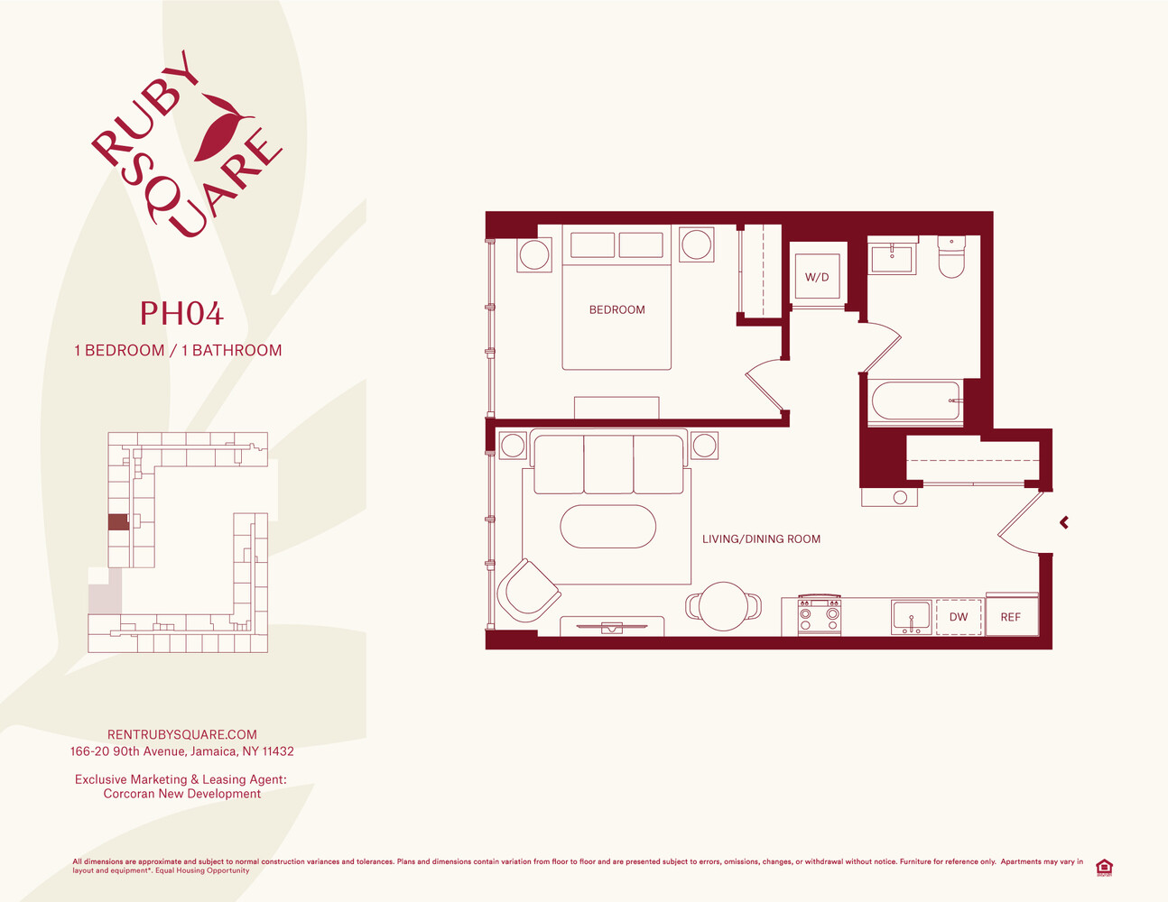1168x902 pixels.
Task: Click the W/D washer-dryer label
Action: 817,277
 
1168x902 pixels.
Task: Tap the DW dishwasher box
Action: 959,617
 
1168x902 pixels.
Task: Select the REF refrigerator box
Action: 1011,616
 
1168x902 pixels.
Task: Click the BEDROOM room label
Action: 616,309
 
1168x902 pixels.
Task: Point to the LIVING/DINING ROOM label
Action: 761,539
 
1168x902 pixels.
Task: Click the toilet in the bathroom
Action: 951,257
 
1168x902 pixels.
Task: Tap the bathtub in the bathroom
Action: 916,400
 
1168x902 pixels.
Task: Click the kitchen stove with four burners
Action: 820,615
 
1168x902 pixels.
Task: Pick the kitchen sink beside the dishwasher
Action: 911,617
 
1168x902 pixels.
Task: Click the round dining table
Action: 724,606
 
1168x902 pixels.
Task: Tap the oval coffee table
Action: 607,526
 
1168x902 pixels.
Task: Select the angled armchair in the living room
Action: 528,590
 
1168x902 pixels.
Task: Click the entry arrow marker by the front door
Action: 1063,522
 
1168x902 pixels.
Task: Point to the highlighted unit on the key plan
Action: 119,522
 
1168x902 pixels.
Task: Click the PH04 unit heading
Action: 181,313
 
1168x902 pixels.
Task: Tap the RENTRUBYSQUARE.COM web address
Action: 182,734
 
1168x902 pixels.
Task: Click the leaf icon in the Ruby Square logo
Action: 223,128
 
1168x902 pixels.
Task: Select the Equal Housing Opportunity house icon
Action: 1104,868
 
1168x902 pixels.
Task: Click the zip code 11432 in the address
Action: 278,751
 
